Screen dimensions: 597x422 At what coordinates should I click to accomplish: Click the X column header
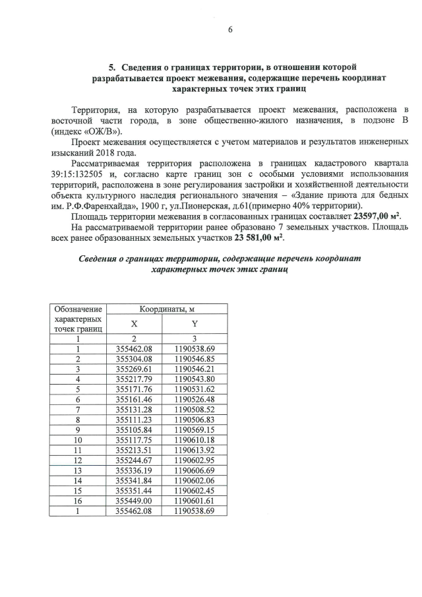[x=134, y=325]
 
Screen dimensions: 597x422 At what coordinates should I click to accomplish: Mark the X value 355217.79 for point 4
[x=134, y=379]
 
